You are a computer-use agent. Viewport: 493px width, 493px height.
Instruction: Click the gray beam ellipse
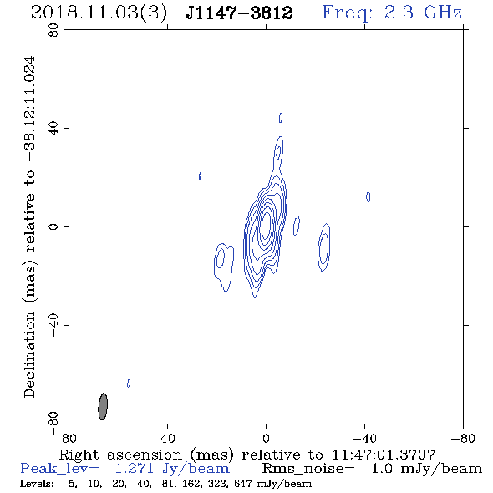pyautogui.click(x=103, y=406)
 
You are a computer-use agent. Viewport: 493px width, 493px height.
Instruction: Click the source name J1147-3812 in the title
pyautogui.click(x=239, y=13)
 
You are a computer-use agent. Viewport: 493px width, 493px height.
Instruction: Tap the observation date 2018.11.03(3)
pyautogui.click(x=99, y=13)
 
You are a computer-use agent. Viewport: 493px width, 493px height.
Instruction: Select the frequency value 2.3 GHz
pyautogui.click(x=423, y=13)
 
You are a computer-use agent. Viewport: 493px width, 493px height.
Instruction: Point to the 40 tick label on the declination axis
pyautogui.click(x=53, y=129)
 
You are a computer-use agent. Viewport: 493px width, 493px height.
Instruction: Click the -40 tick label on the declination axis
pyautogui.click(x=53, y=325)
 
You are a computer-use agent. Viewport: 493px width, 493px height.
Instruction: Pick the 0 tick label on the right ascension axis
pyautogui.click(x=266, y=438)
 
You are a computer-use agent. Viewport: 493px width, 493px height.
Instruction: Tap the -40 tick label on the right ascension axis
pyautogui.click(x=364, y=438)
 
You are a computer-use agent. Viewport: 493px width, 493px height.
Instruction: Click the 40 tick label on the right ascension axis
pyautogui.click(x=167, y=438)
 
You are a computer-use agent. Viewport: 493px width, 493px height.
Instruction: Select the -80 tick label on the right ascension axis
pyautogui.click(x=463, y=438)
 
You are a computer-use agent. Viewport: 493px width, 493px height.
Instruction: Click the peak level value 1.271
pyautogui.click(x=135, y=469)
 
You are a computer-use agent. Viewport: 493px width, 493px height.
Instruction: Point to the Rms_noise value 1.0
pyautogui.click(x=381, y=469)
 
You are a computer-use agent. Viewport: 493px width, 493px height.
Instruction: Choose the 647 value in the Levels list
pyautogui.click(x=242, y=483)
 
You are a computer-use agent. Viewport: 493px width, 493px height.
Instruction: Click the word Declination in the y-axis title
pyautogui.click(x=29, y=354)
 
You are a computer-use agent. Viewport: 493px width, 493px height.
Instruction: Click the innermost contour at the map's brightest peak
pyautogui.click(x=266, y=225)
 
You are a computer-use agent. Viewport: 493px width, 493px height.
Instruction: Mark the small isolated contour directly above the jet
pyautogui.click(x=281, y=118)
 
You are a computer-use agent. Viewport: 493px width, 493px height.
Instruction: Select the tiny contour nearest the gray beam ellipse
pyautogui.click(x=129, y=384)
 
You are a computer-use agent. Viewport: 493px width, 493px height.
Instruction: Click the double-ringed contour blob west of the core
pyautogui.click(x=324, y=247)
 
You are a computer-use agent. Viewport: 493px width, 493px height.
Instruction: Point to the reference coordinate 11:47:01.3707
pyautogui.click(x=384, y=455)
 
